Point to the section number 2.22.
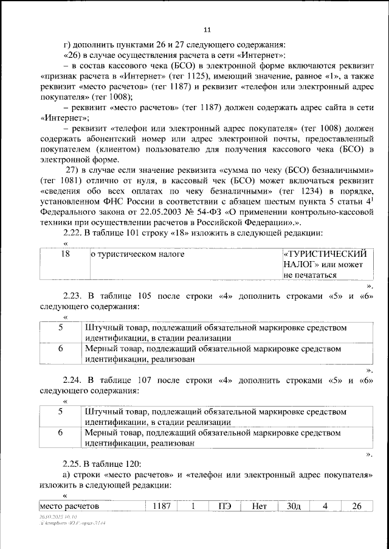pos(75,233)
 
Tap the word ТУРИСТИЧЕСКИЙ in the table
pos(325,254)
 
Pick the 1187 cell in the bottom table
pos(162,506)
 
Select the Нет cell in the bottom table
pos(260,506)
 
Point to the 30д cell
pos(293,506)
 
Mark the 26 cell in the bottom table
pos(357,506)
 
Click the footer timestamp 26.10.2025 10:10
pos(52,515)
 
